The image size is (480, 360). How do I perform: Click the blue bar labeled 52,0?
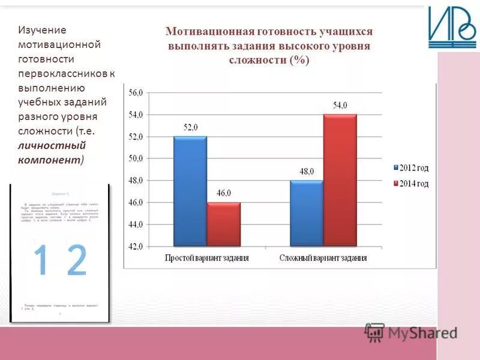190,191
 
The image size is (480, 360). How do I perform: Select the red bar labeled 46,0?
223,224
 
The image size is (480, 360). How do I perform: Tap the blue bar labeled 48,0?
307,213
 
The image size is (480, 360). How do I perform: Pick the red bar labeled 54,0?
340,180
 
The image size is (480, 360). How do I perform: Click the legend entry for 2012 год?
411,168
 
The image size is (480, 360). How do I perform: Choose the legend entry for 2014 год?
411,184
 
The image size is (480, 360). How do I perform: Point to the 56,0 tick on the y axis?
136,93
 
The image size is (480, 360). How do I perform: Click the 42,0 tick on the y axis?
136,246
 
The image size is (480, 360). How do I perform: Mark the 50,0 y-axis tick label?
136,158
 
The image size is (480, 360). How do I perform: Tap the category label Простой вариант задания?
207,258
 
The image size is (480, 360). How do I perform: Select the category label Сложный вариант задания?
323,258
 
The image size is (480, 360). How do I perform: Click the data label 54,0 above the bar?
340,106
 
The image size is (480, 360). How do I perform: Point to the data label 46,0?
223,193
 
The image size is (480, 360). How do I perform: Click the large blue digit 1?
41,260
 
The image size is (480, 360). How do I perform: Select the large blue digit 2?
76,260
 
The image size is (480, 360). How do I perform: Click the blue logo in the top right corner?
451,28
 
